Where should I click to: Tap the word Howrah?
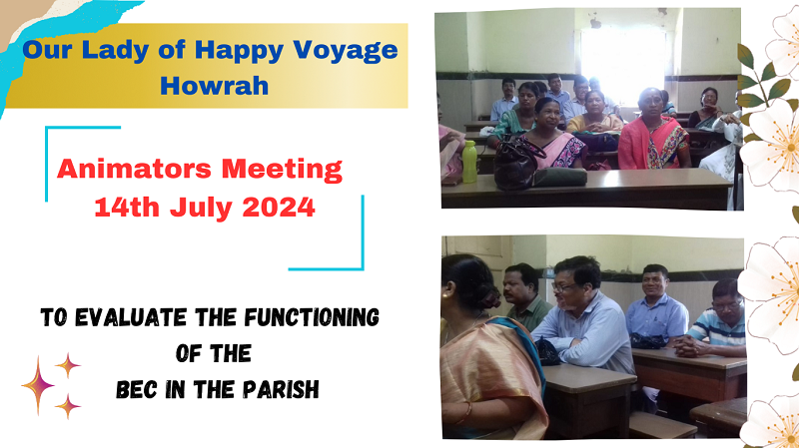click(x=214, y=86)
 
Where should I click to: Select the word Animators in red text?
click(x=134, y=169)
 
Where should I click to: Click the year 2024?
click(x=279, y=208)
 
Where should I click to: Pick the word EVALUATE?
click(x=131, y=317)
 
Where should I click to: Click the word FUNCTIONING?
click(x=312, y=317)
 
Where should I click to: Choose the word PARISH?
click(x=281, y=390)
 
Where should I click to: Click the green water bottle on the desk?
click(x=469, y=162)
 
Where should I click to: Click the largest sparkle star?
click(x=38, y=385)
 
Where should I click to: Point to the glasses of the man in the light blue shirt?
click(x=563, y=287)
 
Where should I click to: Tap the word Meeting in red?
click(x=282, y=170)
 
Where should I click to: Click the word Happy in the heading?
click(x=239, y=52)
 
